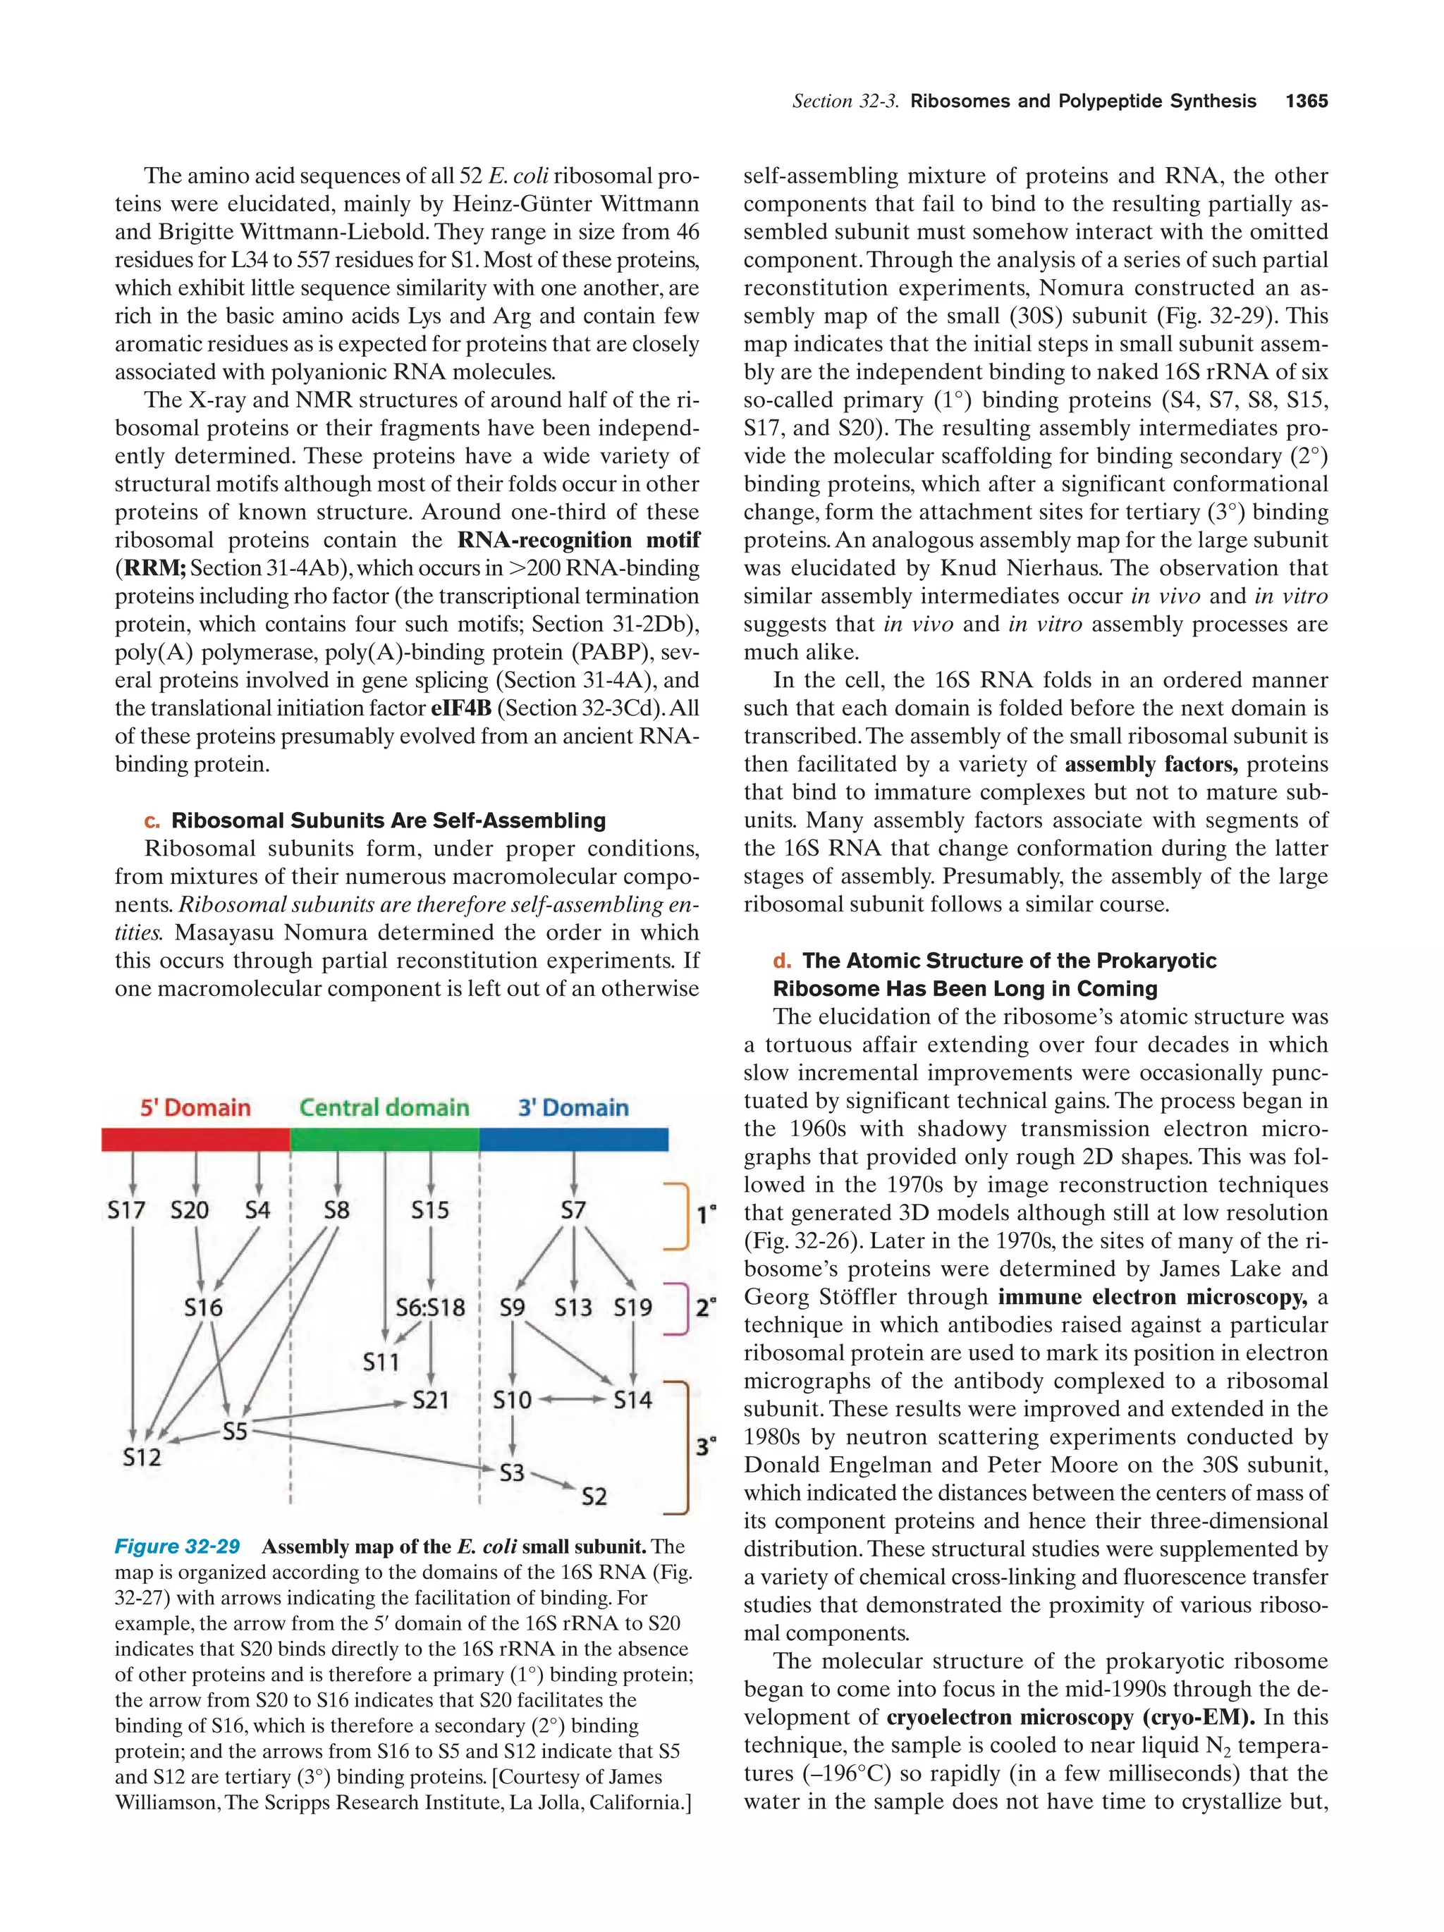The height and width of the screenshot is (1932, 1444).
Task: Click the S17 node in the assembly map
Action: [x=126, y=1210]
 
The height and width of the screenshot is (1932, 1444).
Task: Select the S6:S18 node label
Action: [x=430, y=1308]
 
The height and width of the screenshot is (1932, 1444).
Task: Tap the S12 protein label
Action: [x=142, y=1457]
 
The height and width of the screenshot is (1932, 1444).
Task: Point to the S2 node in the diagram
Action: [x=594, y=1496]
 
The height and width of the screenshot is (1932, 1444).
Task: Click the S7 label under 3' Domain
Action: [x=573, y=1210]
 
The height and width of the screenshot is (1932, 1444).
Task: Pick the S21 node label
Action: [x=430, y=1400]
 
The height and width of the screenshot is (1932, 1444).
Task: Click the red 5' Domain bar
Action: [x=195, y=1139]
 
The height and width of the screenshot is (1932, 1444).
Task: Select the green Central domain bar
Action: [x=384, y=1139]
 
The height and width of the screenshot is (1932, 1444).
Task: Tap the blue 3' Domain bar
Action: [x=573, y=1139]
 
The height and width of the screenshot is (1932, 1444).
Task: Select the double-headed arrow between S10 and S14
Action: [x=573, y=1400]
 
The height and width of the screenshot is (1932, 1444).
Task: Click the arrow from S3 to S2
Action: [x=553, y=1480]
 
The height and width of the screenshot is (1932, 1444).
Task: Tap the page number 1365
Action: [x=1306, y=101]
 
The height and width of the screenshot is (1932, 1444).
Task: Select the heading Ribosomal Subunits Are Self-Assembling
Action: [x=388, y=820]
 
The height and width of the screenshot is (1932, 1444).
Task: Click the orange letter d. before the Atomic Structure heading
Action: [x=781, y=961]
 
